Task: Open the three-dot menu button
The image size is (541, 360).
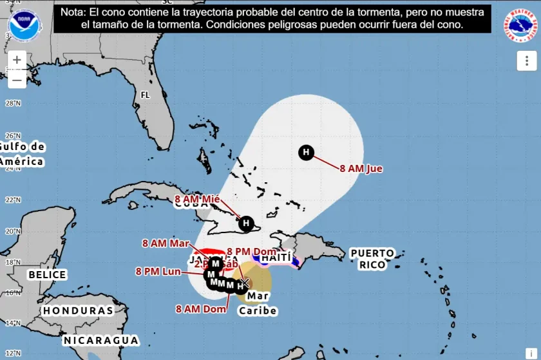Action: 526,61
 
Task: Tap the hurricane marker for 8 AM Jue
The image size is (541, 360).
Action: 307,153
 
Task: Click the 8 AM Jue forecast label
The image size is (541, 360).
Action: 361,169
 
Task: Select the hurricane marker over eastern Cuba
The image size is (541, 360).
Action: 245,223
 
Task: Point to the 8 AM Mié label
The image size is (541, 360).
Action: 198,199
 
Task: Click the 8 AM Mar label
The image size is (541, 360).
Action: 166,243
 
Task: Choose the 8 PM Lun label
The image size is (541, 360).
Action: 158,271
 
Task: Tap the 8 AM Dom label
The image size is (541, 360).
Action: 201,308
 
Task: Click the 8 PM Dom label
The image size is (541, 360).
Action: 252,251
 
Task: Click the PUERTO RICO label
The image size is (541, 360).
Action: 372,259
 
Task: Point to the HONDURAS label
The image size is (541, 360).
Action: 78,310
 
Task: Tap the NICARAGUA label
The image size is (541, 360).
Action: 101,340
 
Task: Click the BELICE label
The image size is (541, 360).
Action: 47,275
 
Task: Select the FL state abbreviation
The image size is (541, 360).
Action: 146,95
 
